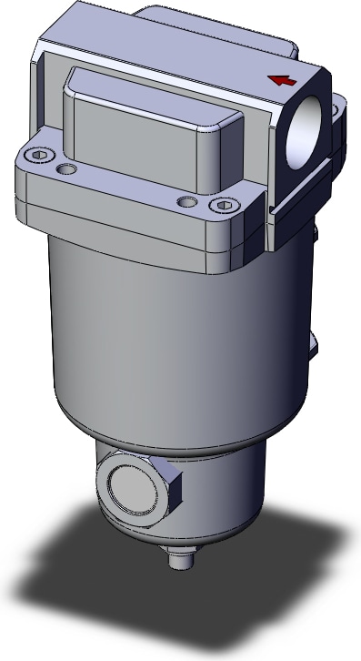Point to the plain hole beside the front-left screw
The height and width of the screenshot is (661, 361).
point(66,169)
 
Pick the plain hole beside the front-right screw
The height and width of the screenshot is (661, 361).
point(186,199)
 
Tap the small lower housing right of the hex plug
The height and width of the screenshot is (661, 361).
point(218,501)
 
